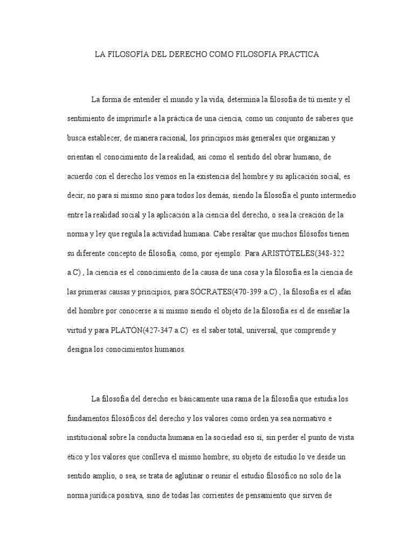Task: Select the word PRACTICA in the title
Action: pyautogui.click(x=296, y=54)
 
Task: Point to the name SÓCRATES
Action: pyautogui.click(x=211, y=293)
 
